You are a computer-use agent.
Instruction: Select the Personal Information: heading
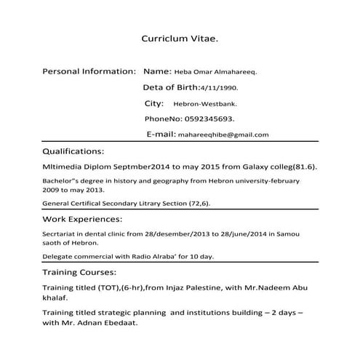(x=89, y=72)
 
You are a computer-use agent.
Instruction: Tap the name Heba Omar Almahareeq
(x=215, y=73)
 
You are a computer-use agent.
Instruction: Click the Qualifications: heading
(x=74, y=152)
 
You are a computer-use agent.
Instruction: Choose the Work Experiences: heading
(x=82, y=219)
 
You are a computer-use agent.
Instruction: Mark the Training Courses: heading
(x=79, y=272)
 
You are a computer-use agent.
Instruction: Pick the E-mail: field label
(x=161, y=134)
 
